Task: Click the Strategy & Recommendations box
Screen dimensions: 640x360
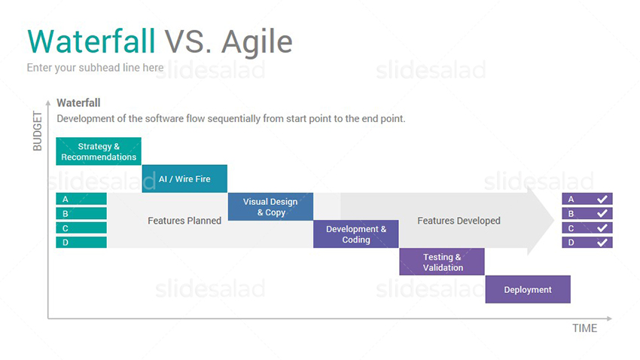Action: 99,151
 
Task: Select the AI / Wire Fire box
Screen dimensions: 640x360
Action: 184,178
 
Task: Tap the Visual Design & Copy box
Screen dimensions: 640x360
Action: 270,206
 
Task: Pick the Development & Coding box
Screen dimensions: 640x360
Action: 356,234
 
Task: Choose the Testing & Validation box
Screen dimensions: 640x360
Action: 442,261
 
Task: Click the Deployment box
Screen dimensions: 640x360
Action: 528,289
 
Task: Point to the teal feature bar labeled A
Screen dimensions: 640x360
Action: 81,199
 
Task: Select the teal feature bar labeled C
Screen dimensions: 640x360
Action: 81,227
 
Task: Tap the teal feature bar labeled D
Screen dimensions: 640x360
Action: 81,242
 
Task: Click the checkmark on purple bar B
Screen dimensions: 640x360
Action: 602,213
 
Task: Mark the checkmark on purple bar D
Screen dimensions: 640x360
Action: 602,242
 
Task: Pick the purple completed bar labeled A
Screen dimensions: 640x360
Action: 587,199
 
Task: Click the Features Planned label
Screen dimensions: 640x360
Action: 184,221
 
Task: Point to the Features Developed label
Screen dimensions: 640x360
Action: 459,221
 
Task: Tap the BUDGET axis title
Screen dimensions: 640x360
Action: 37,131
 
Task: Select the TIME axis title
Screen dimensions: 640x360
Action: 584,328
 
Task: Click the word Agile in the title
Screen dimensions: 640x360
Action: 257,42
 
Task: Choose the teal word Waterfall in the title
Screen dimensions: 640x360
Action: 91,41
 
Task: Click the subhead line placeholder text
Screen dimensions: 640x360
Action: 95,68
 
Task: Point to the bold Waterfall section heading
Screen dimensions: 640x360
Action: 78,103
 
